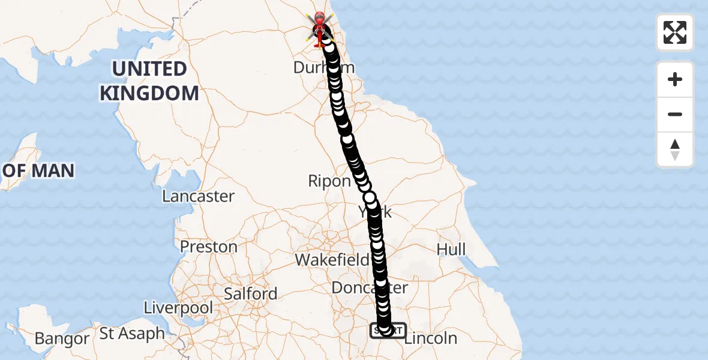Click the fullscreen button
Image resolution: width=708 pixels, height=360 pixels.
point(675,32)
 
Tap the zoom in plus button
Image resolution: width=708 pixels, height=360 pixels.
point(675,79)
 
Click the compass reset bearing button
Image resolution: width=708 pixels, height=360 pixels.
point(675,149)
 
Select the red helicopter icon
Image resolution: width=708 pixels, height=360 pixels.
point(320,28)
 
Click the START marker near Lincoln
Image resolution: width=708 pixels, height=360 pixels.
point(388,331)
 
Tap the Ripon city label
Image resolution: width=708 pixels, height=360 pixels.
point(329,181)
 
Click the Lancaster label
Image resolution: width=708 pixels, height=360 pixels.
point(198,196)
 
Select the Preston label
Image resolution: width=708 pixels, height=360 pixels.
point(209,247)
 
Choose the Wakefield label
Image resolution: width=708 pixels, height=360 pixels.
point(332,260)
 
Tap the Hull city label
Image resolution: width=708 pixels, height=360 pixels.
point(451,249)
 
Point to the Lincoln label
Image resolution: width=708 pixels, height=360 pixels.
point(431,338)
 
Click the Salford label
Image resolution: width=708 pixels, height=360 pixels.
point(250,293)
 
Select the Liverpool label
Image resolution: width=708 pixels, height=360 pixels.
point(178,308)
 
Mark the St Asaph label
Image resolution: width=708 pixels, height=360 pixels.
point(132,334)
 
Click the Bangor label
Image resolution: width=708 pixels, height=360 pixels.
point(62,339)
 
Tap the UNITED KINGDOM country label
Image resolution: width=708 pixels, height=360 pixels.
point(149,81)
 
